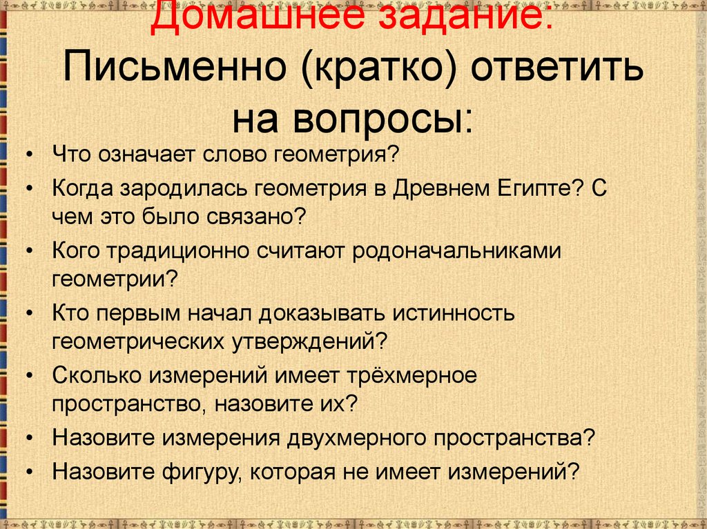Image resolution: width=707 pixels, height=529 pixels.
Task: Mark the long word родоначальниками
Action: pyautogui.click(x=455, y=252)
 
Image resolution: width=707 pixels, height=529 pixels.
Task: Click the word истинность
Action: pyautogui.click(x=453, y=314)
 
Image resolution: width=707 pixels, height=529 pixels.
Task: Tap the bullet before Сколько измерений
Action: pyautogui.click(x=28, y=377)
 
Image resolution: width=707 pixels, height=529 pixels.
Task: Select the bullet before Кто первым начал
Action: pyautogui.click(x=28, y=314)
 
